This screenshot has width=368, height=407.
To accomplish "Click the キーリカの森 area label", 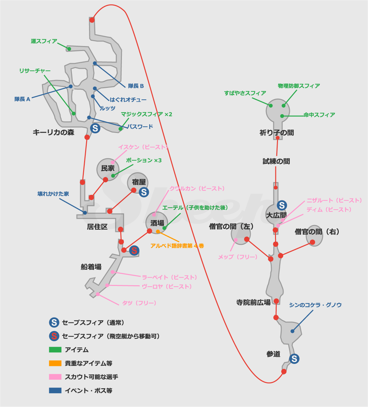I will pos(54,132).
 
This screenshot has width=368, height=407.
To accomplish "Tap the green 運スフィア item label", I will pos(44,41).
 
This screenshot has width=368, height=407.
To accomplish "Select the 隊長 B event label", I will pos(136,86).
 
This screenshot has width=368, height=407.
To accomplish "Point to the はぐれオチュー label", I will pos(128,99).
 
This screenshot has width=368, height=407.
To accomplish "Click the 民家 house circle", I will pos(108,169).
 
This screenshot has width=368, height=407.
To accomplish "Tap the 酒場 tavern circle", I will pos(157,223).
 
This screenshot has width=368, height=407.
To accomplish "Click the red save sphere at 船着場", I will pos(134,251).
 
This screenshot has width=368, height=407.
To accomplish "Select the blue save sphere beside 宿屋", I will pos(144,192).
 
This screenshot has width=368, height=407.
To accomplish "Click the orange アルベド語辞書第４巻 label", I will pos(177,246).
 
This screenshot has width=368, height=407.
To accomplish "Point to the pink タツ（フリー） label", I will pos(139,303).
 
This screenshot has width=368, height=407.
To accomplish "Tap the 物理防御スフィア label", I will pos(299,86).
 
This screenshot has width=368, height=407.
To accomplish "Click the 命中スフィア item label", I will pos(319,115).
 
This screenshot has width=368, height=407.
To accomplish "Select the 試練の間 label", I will pos(276,161).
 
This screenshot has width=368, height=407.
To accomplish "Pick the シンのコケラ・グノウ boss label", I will pos(315,305).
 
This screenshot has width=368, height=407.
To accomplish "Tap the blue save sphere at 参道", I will pos(294,359).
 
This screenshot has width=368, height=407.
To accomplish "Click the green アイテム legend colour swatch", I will pos(55,350).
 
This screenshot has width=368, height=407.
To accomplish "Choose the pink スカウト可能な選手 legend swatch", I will pos(55,377).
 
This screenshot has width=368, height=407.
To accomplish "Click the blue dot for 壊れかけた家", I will pos(85,213).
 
